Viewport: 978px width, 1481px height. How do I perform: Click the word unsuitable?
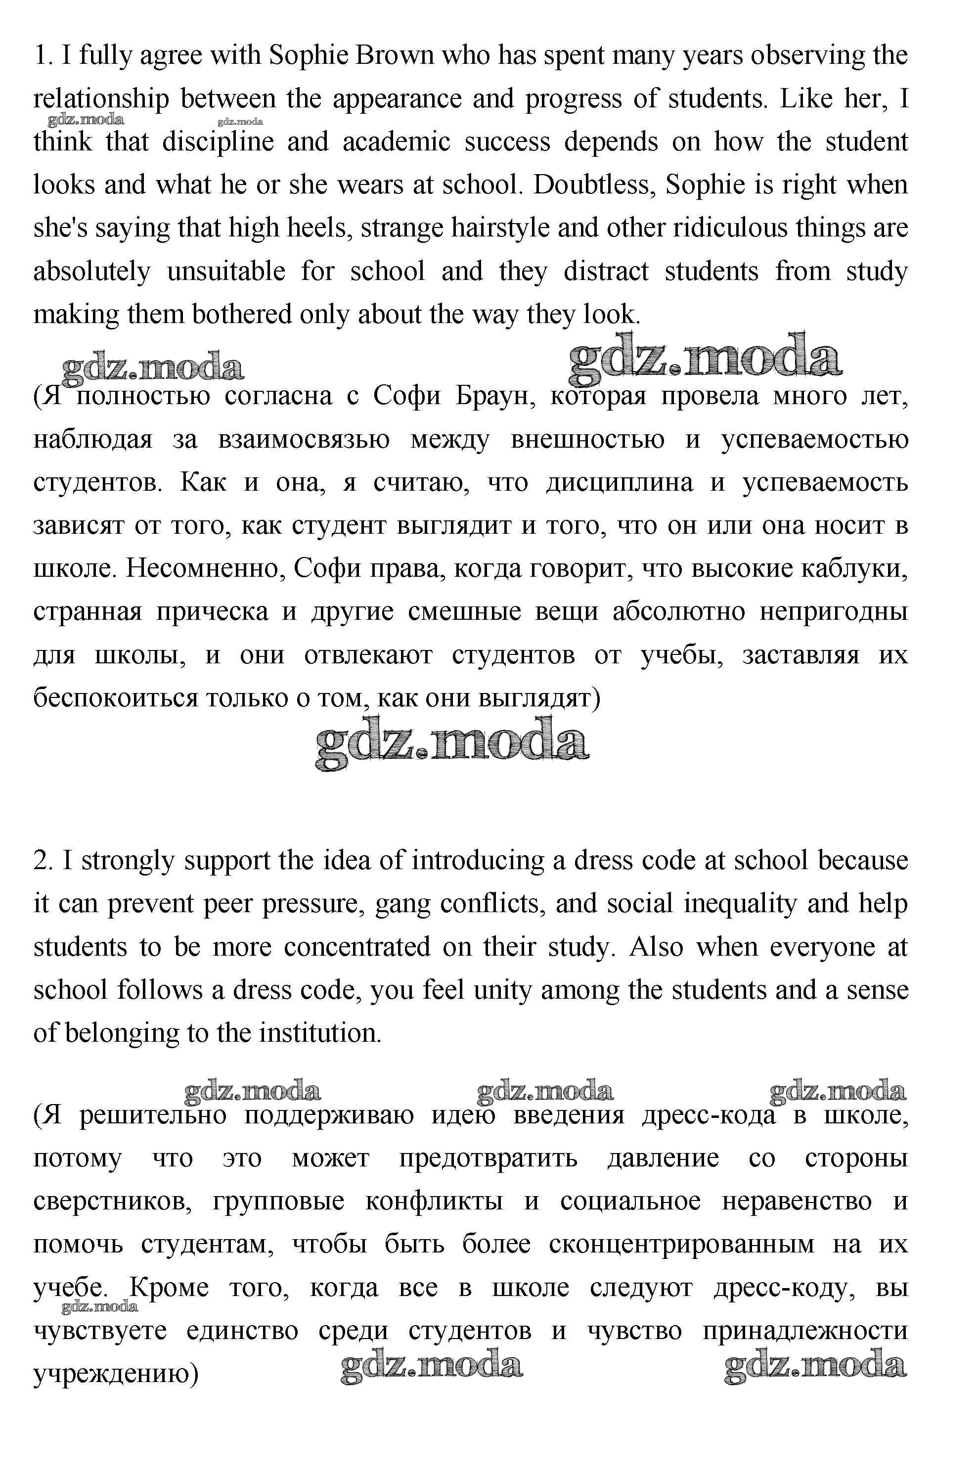226,272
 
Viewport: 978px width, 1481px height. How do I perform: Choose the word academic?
396,142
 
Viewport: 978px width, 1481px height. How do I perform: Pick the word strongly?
129,861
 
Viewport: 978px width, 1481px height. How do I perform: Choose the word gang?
403,904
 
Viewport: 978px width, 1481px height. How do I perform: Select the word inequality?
740,904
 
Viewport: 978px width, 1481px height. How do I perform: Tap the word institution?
319,1033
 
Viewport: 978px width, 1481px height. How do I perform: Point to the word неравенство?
797,1202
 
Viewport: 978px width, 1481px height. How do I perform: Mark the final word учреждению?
115,1374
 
